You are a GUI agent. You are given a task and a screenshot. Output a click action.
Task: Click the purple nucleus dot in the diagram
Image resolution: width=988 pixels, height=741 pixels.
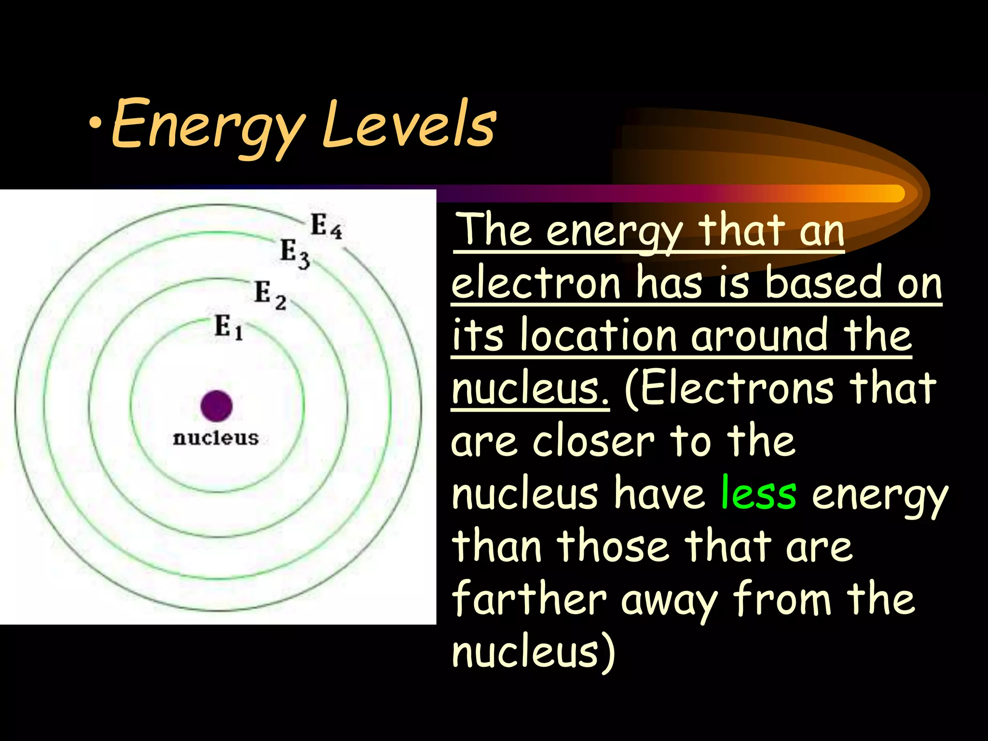[217, 406]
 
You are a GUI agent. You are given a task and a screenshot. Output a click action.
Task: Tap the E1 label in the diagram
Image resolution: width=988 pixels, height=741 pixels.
[229, 327]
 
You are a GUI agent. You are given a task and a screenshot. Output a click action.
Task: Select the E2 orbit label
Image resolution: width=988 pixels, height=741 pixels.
[270, 294]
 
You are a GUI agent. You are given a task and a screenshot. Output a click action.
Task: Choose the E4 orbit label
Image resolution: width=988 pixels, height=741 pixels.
[326, 226]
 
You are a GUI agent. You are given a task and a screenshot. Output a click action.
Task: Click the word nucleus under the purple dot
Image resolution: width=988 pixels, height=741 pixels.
[216, 438]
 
